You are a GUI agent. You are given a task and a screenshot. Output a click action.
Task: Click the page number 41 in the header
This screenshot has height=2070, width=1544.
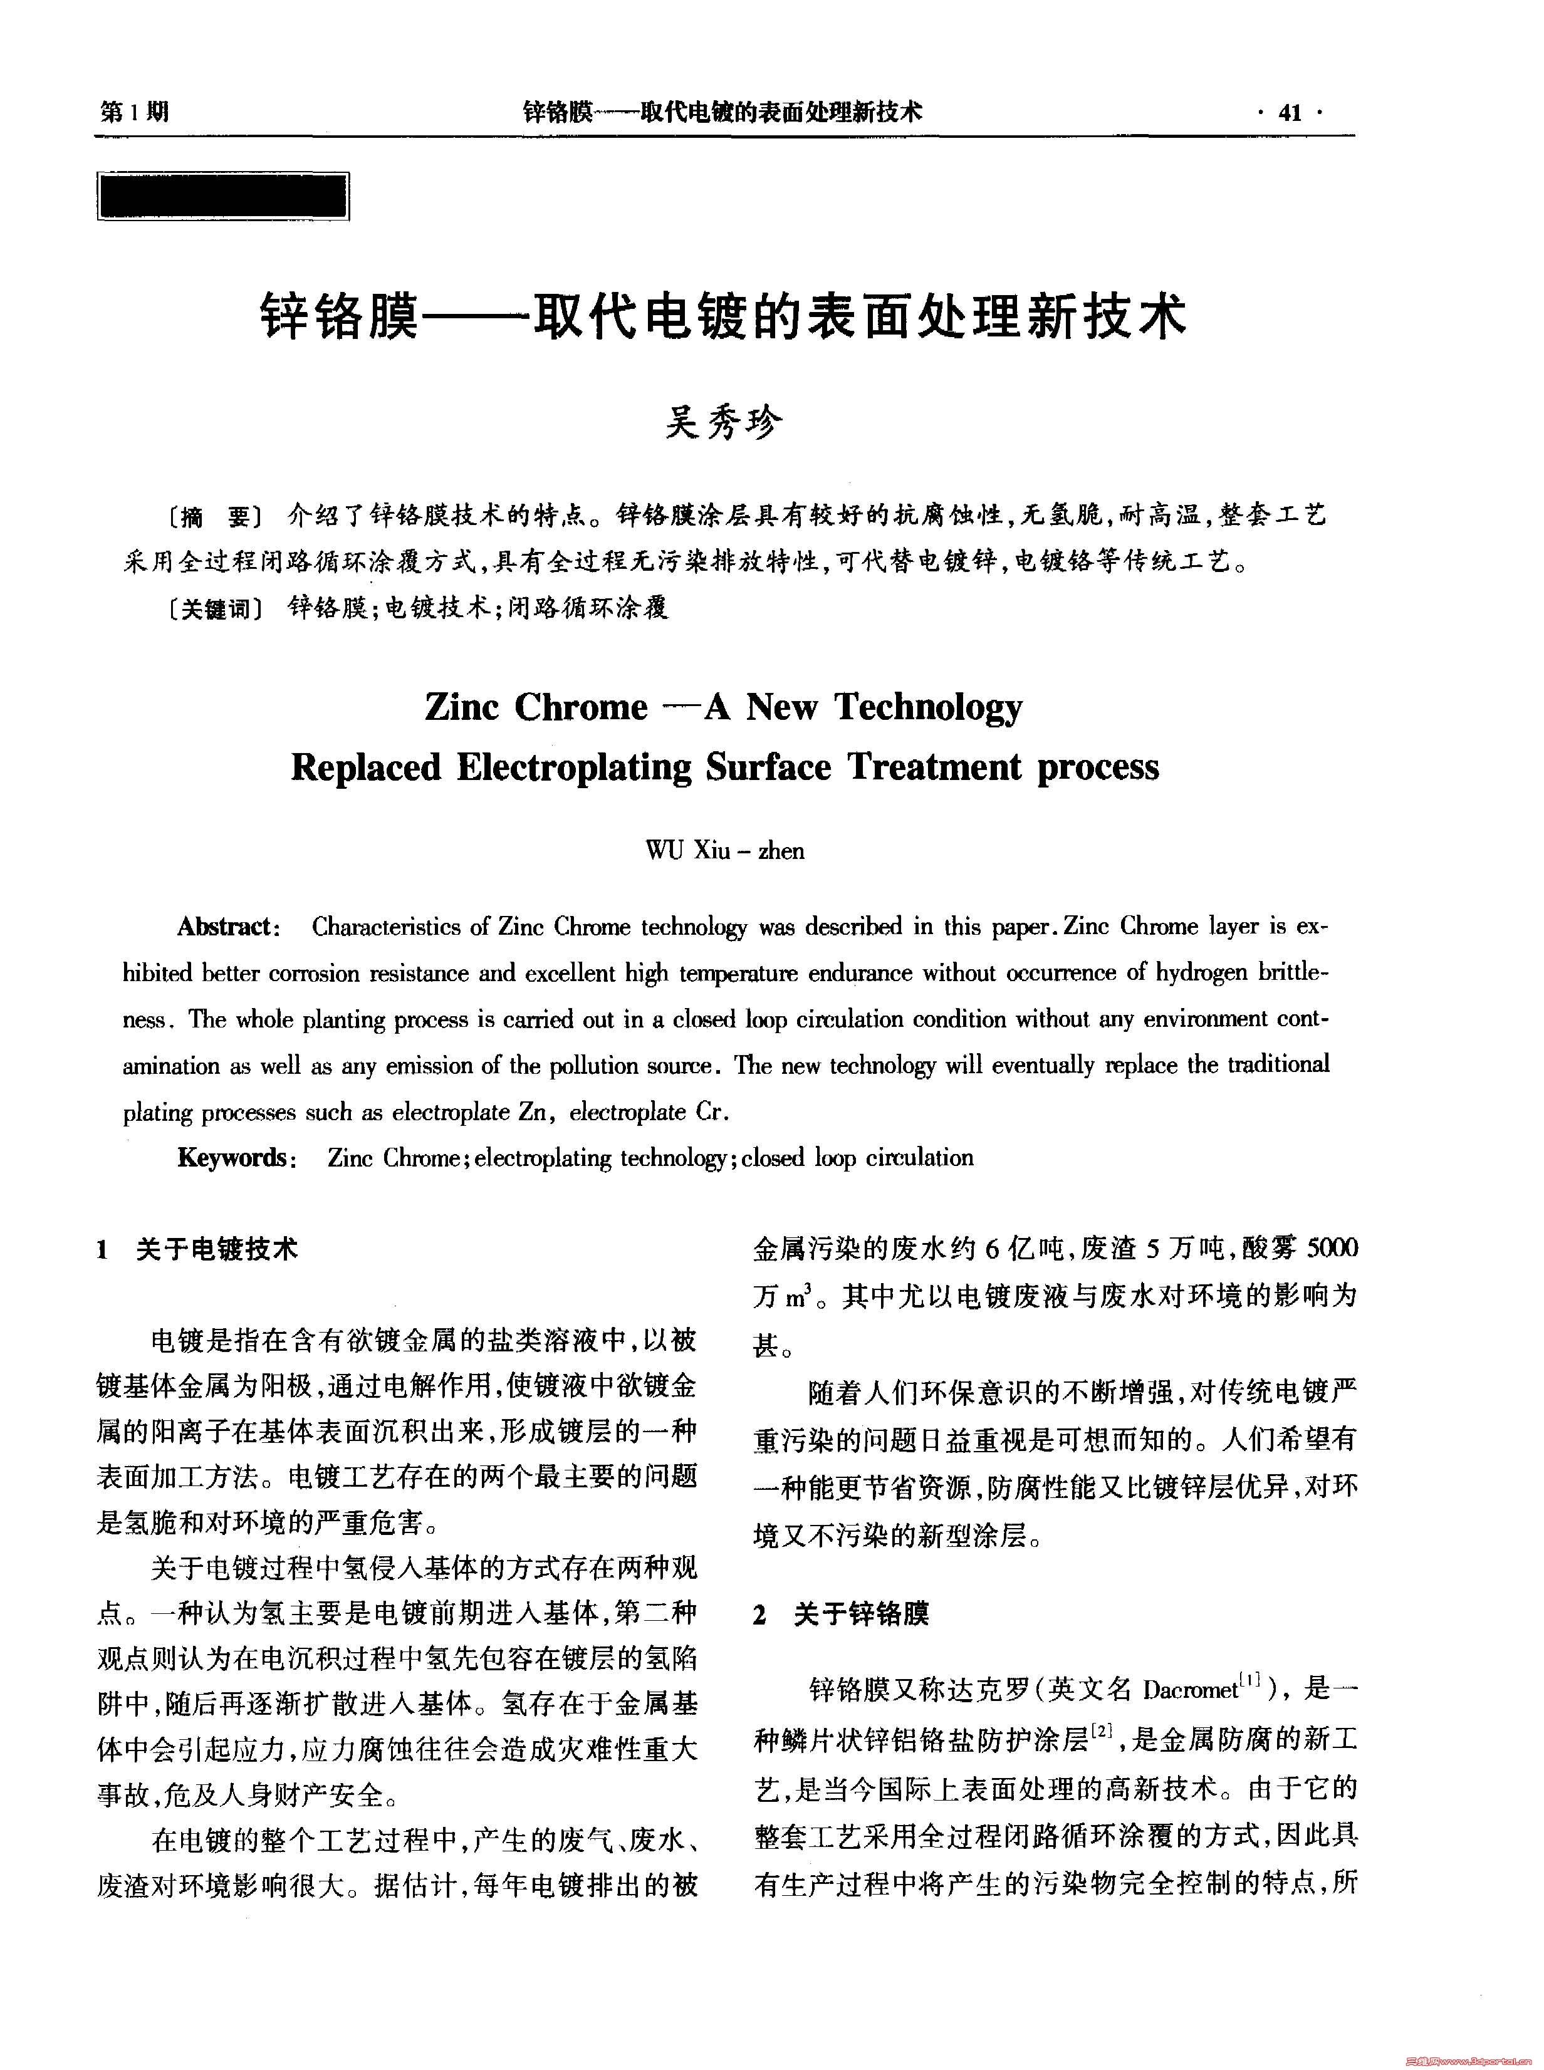click(1290, 113)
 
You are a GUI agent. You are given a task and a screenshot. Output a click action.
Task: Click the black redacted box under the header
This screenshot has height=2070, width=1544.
click(222, 196)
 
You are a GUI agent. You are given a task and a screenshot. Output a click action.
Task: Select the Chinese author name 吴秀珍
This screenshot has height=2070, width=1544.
click(724, 424)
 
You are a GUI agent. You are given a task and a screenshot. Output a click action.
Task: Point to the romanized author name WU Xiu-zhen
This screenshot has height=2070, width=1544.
click(724, 850)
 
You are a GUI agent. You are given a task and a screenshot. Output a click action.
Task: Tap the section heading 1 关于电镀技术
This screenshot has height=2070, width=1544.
click(197, 1249)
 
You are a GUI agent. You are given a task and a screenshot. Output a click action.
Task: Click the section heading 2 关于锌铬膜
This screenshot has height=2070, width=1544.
click(840, 1613)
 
